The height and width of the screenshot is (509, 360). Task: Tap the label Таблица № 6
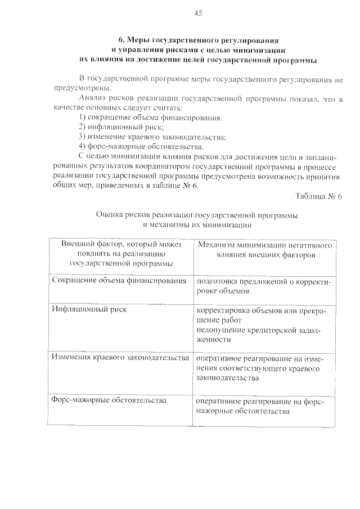(318, 196)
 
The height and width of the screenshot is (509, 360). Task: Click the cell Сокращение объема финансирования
(119, 281)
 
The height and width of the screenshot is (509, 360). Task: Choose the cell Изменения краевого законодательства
(119, 358)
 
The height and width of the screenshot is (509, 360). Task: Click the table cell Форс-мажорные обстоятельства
(109, 401)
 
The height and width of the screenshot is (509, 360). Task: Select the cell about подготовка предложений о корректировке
(264, 286)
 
